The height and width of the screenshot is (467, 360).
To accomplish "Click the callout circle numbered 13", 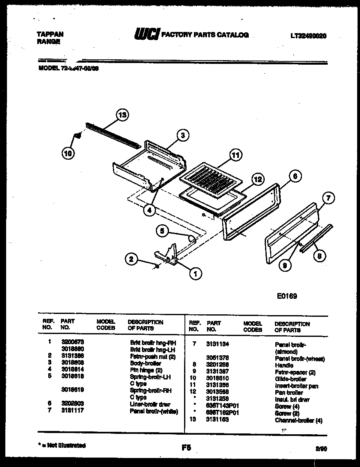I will click(x=122, y=115).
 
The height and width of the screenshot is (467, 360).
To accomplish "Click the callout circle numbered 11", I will click(x=235, y=155).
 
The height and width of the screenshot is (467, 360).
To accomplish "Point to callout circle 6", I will click(x=295, y=176).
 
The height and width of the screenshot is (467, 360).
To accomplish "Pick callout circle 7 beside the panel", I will click(x=328, y=199).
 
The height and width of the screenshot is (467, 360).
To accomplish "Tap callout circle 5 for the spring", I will click(x=162, y=231).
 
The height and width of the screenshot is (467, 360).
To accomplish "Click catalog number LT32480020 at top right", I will click(x=308, y=36).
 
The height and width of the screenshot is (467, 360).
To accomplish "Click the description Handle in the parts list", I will click(x=284, y=365).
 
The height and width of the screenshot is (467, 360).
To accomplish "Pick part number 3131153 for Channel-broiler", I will click(x=218, y=420).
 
